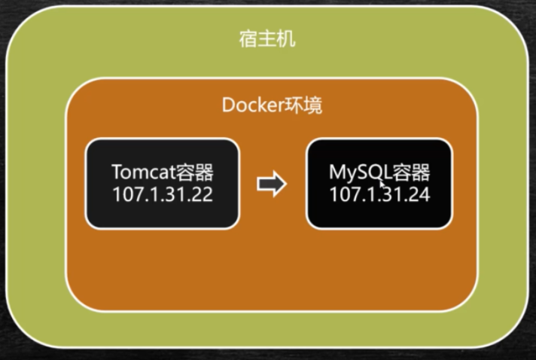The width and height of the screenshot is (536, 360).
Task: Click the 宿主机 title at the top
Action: [x=267, y=38]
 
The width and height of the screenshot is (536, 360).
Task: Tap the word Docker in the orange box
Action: [x=253, y=105]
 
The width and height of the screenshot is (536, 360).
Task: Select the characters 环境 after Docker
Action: [x=303, y=105]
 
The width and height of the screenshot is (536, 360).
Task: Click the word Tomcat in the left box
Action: [x=144, y=172]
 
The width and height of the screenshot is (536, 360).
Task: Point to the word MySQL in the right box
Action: [x=360, y=172]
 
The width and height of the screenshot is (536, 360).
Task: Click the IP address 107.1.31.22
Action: [x=163, y=194]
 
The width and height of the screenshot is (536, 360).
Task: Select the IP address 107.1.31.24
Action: [x=379, y=194]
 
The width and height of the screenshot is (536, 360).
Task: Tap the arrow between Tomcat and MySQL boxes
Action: [x=272, y=184]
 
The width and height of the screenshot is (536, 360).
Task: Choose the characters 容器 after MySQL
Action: [x=411, y=172]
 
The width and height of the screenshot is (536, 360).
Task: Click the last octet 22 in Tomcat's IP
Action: [x=202, y=194]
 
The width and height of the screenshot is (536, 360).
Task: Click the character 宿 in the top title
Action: [x=248, y=38]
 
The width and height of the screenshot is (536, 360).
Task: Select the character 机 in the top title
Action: [x=287, y=38]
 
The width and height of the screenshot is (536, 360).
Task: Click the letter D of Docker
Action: [x=228, y=105]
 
